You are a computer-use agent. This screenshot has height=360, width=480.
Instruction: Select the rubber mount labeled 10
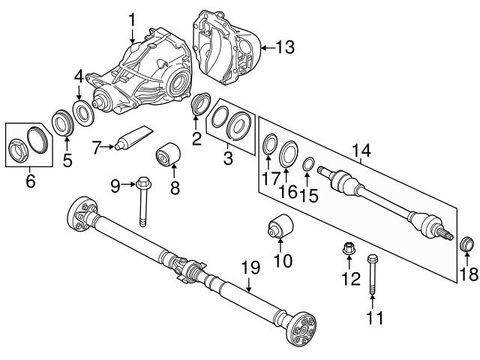tap(280, 229)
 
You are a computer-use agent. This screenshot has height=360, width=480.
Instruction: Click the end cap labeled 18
tap(466, 246)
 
